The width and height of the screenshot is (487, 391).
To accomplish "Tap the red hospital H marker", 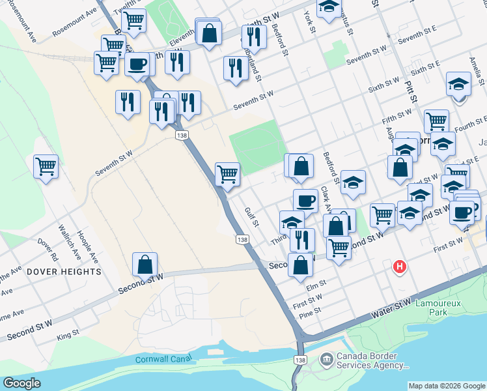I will (x=400, y=267).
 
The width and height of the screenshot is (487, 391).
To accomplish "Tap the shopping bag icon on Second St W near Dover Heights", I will (x=145, y=265).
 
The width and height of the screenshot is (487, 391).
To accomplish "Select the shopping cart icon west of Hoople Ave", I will (x=46, y=167).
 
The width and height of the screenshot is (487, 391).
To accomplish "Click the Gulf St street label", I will (x=251, y=218).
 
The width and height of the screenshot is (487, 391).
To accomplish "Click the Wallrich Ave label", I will (x=66, y=241).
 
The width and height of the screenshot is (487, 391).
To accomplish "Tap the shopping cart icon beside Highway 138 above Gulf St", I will (x=227, y=174).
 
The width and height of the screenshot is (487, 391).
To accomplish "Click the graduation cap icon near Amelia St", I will (x=458, y=85).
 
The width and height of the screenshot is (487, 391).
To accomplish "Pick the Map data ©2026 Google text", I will (x=446, y=386).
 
